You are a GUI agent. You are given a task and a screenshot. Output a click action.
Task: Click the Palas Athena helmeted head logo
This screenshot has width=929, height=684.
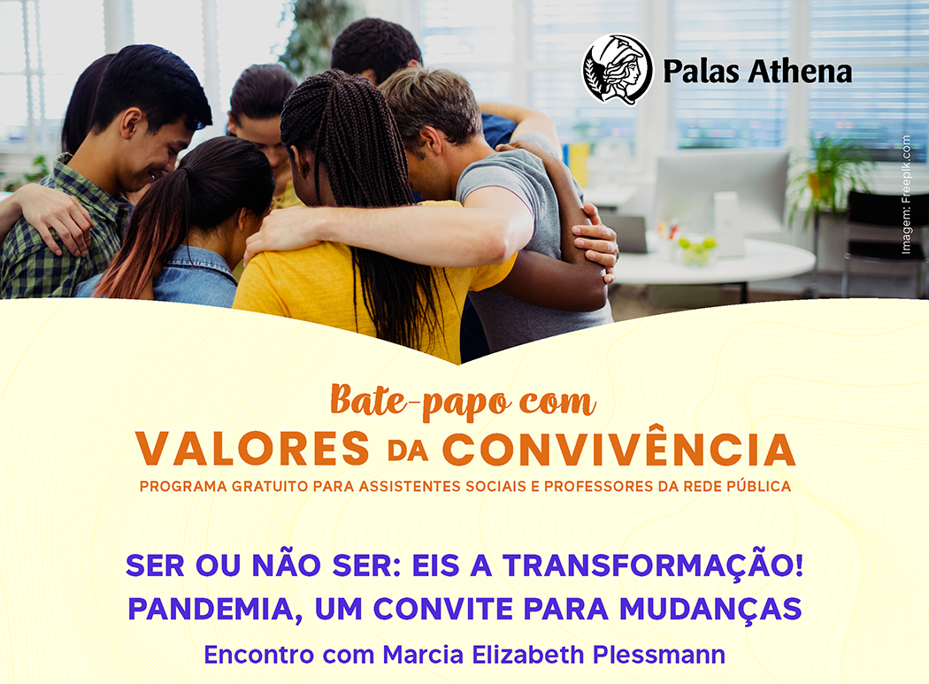click(618, 69)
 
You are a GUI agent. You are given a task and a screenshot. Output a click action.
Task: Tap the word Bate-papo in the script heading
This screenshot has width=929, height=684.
click(420, 401)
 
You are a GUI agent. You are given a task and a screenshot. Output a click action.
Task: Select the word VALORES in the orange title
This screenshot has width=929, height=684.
click(253, 449)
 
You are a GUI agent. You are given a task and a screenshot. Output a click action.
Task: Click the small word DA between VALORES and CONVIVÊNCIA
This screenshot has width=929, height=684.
click(408, 451)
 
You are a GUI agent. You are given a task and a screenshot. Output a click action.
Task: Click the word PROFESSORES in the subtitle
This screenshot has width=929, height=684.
click(599, 487)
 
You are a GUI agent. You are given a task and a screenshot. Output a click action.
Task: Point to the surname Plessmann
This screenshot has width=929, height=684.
click(659, 655)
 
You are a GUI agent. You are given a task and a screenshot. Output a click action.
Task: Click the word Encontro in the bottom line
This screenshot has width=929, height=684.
click(259, 655)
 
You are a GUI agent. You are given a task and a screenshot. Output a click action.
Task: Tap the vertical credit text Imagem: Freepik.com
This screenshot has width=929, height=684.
click(906, 195)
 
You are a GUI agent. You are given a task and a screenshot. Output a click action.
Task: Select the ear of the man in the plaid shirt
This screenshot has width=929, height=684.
click(130, 124)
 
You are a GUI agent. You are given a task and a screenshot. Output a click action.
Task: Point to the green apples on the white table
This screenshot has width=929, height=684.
click(697, 249)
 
